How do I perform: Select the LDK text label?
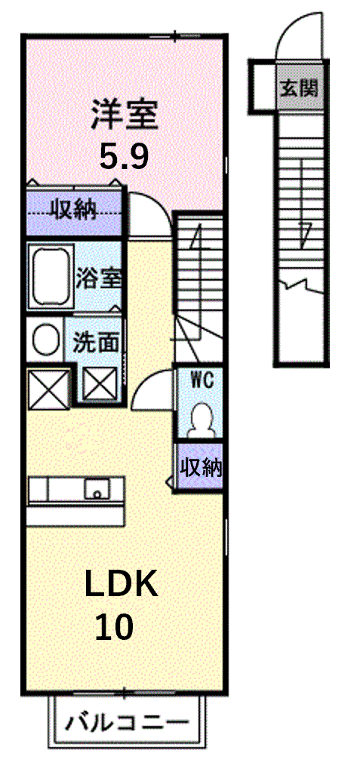122,584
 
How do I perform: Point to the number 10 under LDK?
114,627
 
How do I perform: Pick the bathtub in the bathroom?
51,276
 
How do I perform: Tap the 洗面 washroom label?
96,343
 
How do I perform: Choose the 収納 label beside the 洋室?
74,213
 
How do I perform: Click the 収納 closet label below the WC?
200,467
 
